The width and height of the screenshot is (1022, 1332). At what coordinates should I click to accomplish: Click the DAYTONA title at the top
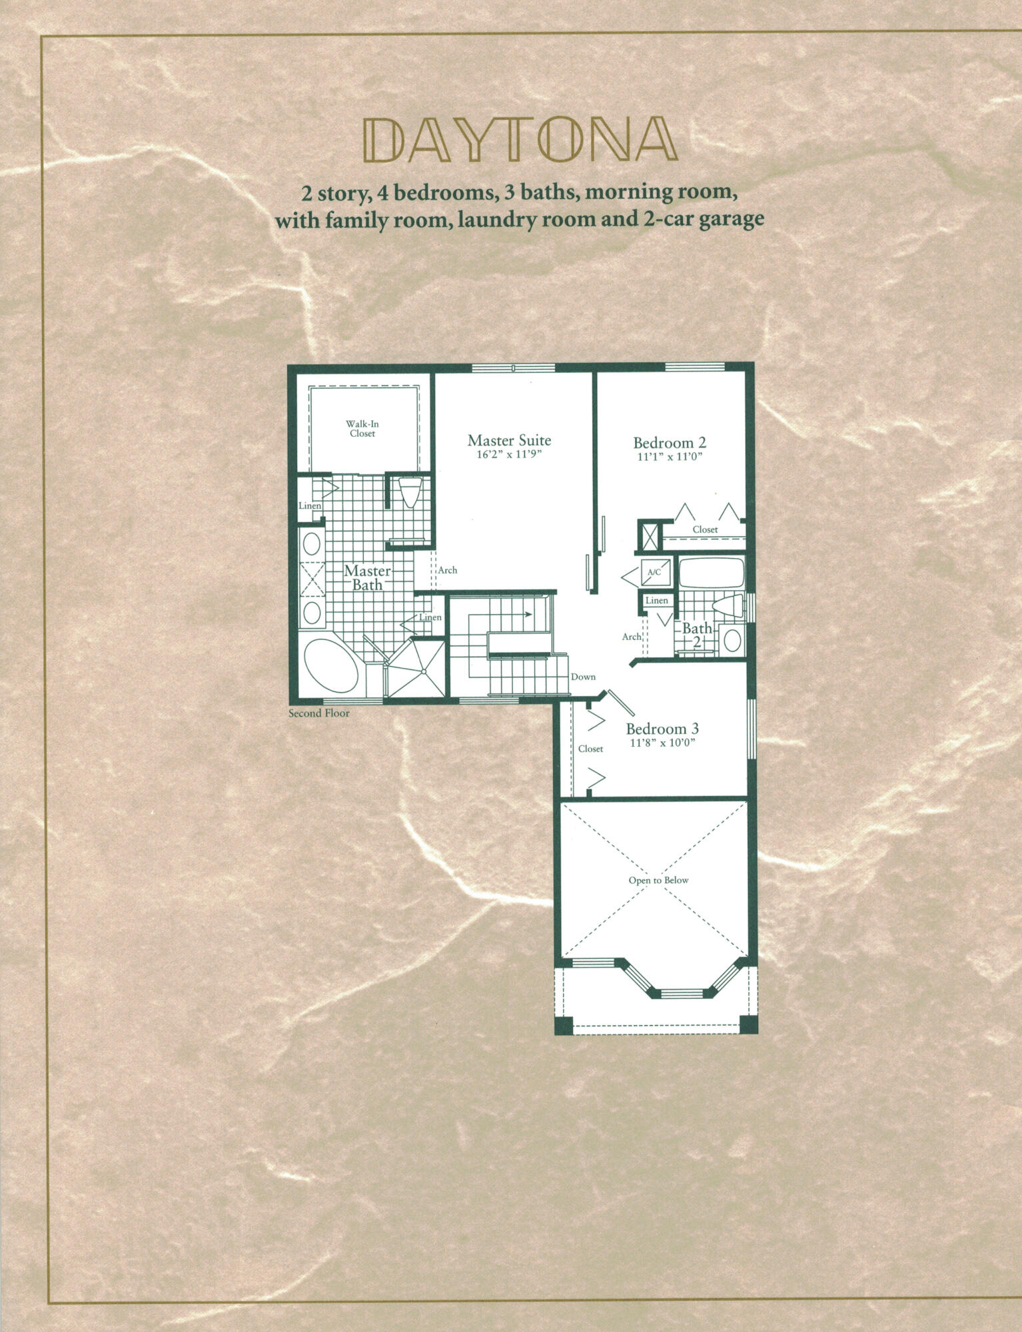tap(518, 140)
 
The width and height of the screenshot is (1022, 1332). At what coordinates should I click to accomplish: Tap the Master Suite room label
tap(509, 440)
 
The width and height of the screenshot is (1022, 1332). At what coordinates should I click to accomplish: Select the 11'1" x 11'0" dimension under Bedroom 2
tap(669, 456)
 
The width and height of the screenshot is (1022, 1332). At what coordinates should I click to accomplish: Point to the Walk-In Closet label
tap(362, 428)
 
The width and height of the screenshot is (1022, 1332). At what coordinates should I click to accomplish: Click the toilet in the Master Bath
tap(408, 494)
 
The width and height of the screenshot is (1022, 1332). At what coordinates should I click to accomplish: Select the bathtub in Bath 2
tap(711, 573)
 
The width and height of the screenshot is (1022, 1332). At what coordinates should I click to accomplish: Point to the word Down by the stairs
tap(582, 677)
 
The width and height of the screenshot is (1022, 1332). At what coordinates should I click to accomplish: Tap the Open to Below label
tap(658, 880)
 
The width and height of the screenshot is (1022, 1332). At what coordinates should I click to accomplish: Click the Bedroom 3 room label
tap(662, 729)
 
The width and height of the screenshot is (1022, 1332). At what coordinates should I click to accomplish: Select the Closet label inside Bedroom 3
tap(590, 749)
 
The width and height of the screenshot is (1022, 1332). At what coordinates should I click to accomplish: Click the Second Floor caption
tap(318, 713)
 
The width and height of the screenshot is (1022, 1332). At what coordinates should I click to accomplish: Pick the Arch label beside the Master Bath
tap(447, 570)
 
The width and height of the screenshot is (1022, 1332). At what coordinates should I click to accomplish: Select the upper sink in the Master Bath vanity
tap(310, 545)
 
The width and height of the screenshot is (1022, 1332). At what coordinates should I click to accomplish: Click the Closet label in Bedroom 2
tap(705, 529)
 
